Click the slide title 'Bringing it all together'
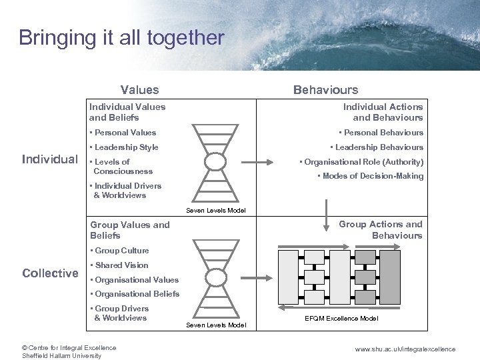point(121,38)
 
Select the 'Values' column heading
point(139,90)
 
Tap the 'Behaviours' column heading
point(325,90)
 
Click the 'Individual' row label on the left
point(50,159)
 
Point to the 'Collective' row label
point(50,273)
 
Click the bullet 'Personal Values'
point(125,133)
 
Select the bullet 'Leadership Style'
point(126,147)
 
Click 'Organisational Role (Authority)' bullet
point(363,162)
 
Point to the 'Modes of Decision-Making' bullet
point(372,176)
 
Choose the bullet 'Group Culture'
point(121,251)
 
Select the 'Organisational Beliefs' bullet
point(137,294)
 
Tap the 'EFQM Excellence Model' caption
point(341,319)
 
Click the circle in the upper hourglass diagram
point(215,162)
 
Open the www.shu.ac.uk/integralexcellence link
point(405,349)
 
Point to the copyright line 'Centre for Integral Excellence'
point(69,347)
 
